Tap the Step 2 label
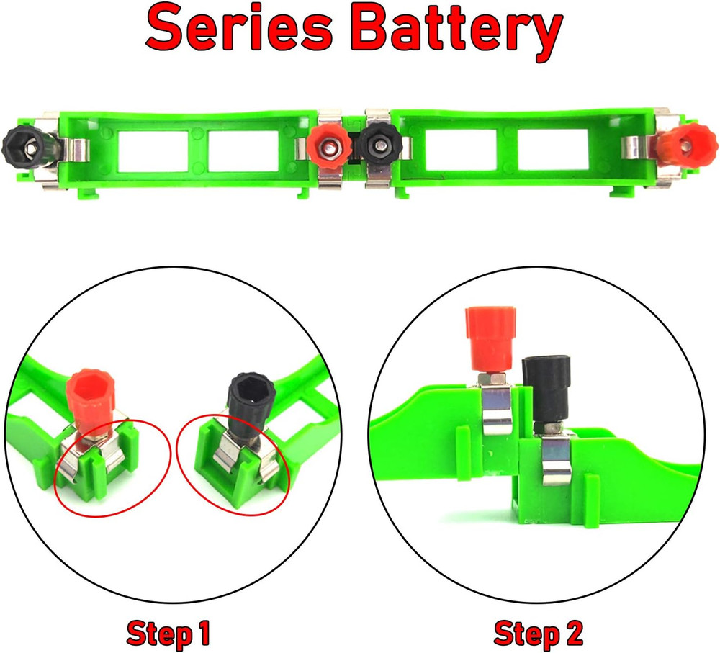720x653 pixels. (538, 634)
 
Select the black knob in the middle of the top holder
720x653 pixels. (375, 147)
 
